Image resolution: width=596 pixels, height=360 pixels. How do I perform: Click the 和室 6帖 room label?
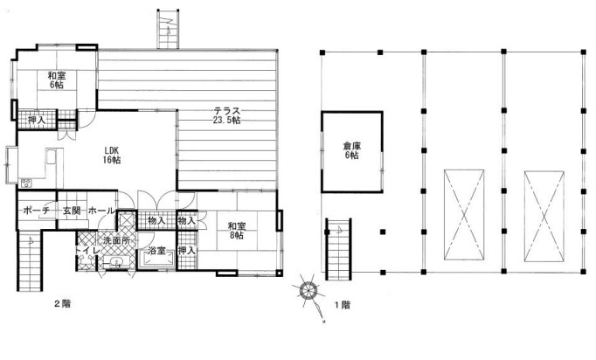point(57,80)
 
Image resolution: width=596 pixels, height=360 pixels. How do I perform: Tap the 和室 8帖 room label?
point(237,231)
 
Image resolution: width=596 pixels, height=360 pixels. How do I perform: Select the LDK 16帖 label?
point(111,156)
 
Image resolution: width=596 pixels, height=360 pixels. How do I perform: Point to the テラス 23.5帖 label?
point(226,115)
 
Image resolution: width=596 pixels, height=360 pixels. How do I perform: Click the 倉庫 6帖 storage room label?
point(352,150)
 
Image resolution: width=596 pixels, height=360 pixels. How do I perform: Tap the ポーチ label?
point(37,211)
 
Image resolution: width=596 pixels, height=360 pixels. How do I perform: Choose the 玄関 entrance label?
point(72,211)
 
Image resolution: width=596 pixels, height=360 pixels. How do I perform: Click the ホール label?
point(101,211)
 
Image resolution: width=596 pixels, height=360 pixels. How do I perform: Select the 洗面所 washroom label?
point(117,240)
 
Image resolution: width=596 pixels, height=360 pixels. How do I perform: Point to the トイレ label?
point(87,251)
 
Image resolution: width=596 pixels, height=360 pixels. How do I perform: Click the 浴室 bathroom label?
point(156,251)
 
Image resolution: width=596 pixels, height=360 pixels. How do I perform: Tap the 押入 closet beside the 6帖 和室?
point(37,120)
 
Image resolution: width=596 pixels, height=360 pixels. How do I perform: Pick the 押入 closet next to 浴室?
point(187,251)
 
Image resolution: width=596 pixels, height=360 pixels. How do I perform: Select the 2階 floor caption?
point(62,304)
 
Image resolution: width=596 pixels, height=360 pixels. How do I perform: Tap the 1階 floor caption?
point(342,305)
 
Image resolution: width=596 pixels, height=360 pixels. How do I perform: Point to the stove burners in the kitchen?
point(26,183)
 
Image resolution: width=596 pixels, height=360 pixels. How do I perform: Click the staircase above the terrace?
point(168,28)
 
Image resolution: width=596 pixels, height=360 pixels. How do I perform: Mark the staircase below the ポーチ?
point(29,260)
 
